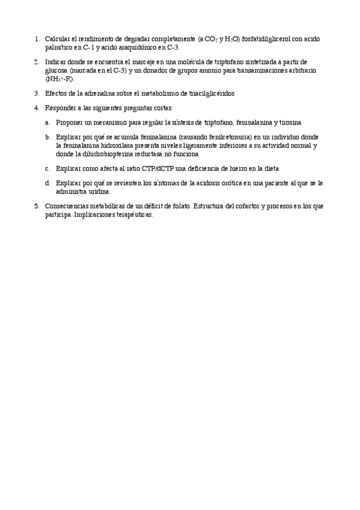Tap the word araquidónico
coord(141,47)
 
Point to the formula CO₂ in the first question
coord(210,38)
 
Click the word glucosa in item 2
coord(56,70)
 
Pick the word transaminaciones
coord(242,70)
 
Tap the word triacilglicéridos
coord(209,93)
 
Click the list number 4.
coord(37,108)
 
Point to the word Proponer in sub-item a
coord(70,122)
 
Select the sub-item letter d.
coord(47,183)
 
